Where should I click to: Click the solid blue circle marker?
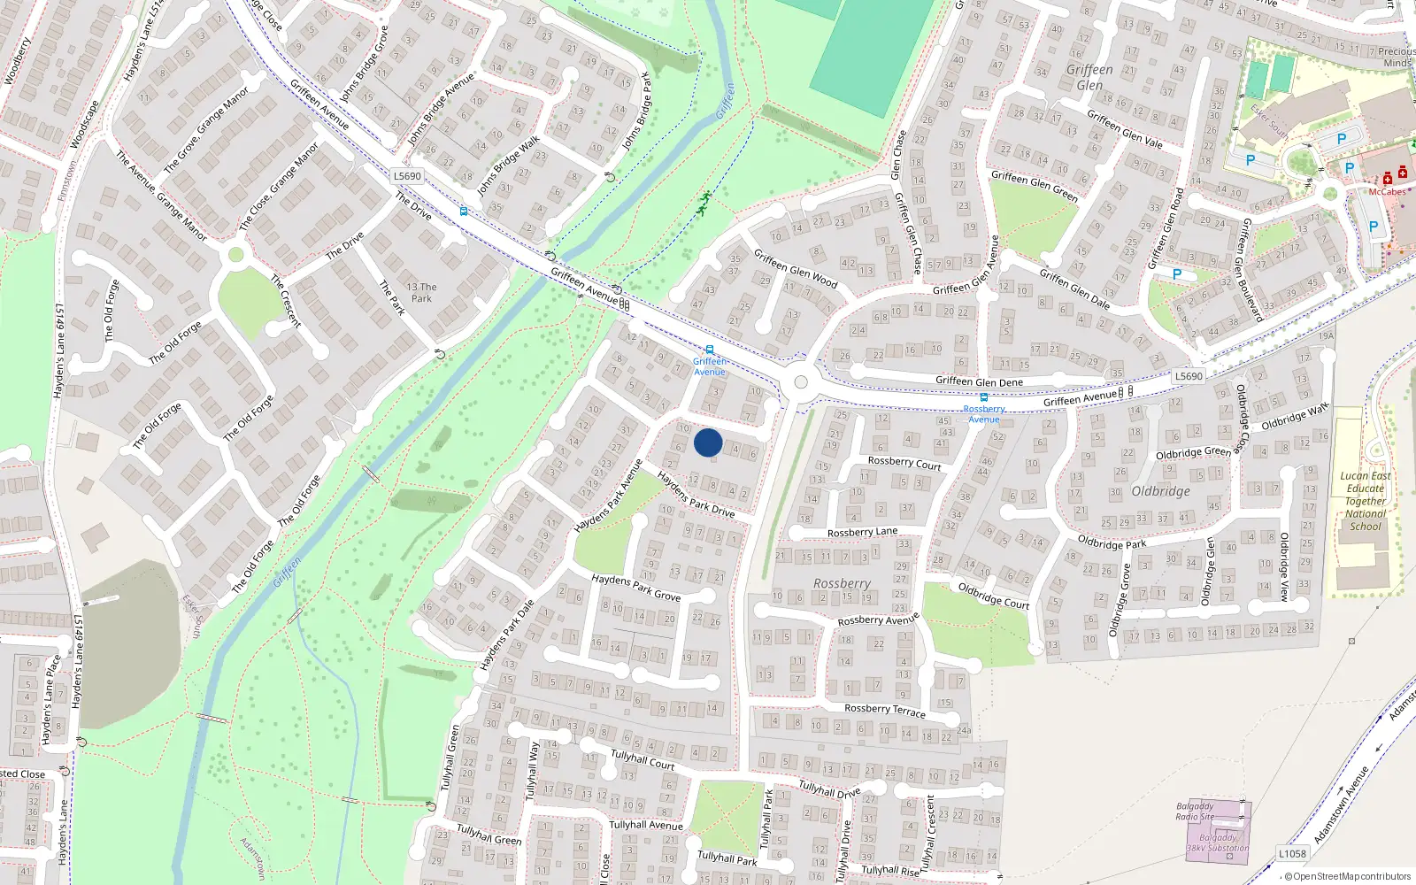pyautogui.click(x=708, y=442)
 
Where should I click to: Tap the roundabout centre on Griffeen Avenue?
pyautogui.click(x=801, y=382)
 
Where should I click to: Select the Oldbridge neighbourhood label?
pyautogui.click(x=1160, y=491)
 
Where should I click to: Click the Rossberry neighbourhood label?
pyautogui.click(x=842, y=583)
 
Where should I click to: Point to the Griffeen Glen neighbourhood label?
pyautogui.click(x=1089, y=77)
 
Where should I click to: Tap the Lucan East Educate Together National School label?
pyautogui.click(x=1366, y=501)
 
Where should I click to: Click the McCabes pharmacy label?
pyautogui.click(x=1387, y=192)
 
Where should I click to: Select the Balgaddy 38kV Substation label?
pyautogui.click(x=1218, y=843)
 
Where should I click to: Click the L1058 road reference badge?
pyautogui.click(x=1292, y=853)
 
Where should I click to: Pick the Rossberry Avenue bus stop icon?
pyautogui.click(x=984, y=397)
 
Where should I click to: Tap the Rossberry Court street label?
pyautogui.click(x=904, y=463)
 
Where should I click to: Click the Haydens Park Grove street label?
pyautogui.click(x=636, y=587)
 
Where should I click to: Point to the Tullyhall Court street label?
pyautogui.click(x=643, y=759)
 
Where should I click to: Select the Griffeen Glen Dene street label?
pyautogui.click(x=979, y=381)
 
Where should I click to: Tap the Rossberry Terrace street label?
pyautogui.click(x=884, y=710)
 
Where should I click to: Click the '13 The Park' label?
pyautogui.click(x=421, y=293)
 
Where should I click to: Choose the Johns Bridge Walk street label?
pyautogui.click(x=508, y=166)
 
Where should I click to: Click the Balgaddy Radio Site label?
pyautogui.click(x=1195, y=812)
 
